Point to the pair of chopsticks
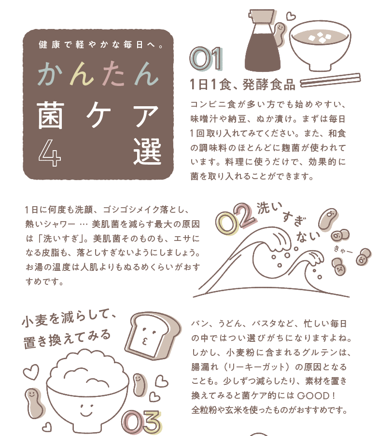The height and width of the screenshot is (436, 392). click(330, 80)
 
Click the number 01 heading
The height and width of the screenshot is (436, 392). click(206, 59)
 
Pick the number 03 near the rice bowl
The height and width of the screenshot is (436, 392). click(141, 422)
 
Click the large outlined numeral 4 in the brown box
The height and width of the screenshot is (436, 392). click(50, 153)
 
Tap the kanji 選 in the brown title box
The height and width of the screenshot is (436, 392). click(147, 151)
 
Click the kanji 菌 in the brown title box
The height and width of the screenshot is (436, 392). click(51, 115)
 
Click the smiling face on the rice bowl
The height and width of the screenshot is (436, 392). click(86, 409)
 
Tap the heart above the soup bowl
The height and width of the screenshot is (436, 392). click(291, 16)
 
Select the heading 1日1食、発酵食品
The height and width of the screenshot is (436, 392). click(242, 84)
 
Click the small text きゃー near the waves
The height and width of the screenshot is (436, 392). click(343, 250)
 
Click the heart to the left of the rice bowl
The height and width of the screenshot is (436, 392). click(30, 372)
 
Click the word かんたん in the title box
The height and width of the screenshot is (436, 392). click(98, 73)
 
